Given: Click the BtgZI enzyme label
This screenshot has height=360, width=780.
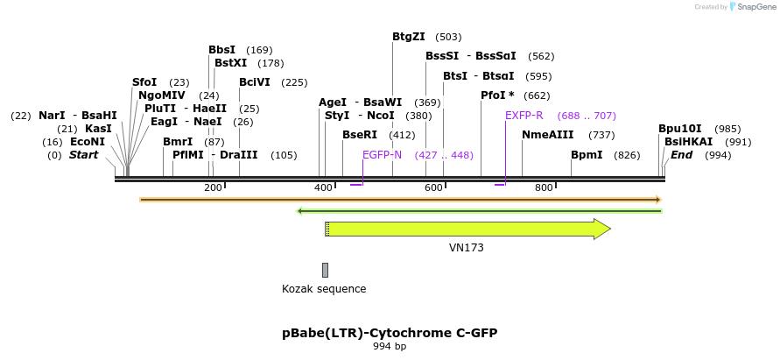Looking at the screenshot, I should click(409, 37).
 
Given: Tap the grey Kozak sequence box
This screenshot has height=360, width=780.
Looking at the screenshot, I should click(326, 270).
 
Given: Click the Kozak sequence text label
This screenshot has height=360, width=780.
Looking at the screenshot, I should click(324, 289).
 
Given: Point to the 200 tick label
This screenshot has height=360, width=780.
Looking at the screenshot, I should click(213, 187).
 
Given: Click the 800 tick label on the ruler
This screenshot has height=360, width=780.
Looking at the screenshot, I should click(544, 187).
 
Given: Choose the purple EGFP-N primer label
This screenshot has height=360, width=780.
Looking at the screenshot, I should click(382, 155).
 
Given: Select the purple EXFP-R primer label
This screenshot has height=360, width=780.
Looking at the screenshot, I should click(524, 116).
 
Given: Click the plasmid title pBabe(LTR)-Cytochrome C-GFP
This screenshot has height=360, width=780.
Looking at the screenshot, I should click(390, 333).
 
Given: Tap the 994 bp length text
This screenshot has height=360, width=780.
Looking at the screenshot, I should click(390, 347).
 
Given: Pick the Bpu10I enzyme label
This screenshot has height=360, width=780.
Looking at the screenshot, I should click(680, 129).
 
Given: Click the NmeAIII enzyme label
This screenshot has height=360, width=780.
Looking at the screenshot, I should click(548, 135).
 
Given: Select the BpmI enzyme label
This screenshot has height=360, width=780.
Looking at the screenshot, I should click(587, 155).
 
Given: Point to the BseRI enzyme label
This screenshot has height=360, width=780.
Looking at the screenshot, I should click(360, 135).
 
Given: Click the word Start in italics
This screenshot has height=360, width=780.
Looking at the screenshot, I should click(84, 155).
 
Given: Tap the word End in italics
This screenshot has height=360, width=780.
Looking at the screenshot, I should click(682, 155).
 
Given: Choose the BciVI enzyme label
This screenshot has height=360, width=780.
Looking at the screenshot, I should click(255, 82).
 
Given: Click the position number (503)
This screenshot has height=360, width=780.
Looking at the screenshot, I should click(448, 37).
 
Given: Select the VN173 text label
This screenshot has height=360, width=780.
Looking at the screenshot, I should click(467, 248).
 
